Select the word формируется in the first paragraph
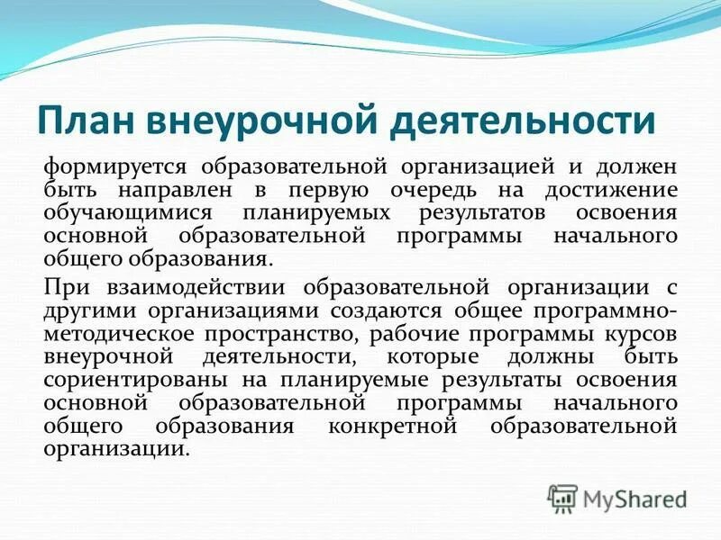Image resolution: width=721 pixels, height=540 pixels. click(116, 168)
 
